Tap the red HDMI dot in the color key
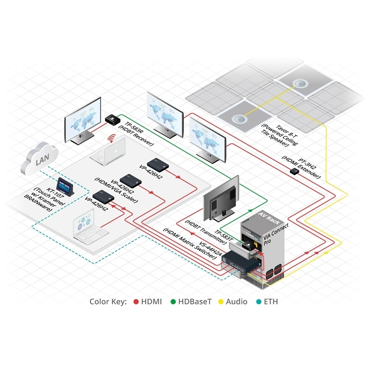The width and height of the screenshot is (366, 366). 136,301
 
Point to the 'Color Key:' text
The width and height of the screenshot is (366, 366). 108,301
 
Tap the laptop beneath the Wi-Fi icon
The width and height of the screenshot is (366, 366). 108,151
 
